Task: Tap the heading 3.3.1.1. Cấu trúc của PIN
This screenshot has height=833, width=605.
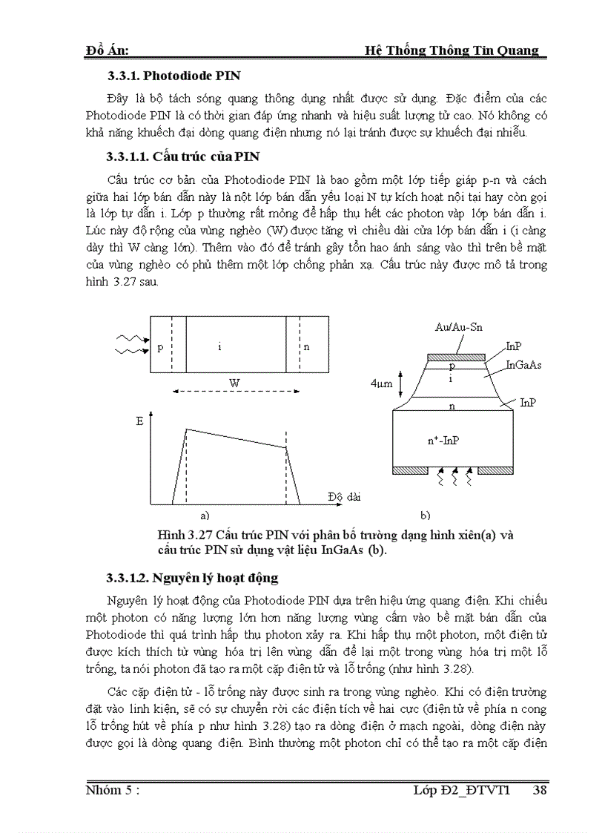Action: (x=182, y=157)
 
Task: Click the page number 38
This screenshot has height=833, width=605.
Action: (x=540, y=791)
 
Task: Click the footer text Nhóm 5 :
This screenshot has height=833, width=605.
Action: (x=113, y=791)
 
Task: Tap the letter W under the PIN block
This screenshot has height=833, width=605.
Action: (x=234, y=381)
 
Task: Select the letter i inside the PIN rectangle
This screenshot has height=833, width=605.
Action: (x=220, y=346)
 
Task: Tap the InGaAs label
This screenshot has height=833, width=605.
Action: (x=523, y=365)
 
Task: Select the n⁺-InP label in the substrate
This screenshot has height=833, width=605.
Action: (x=443, y=440)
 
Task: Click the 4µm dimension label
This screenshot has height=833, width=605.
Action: (x=381, y=384)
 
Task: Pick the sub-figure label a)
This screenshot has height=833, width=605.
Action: (x=205, y=513)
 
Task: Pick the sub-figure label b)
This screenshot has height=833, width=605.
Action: (x=426, y=513)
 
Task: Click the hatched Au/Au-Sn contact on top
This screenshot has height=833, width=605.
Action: (x=457, y=357)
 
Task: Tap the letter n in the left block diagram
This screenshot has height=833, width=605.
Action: (x=306, y=346)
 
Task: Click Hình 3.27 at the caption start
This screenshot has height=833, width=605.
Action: (x=181, y=535)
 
